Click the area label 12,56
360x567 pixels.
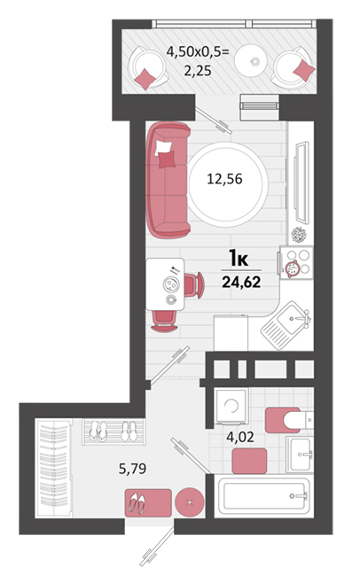pyautogui.click(x=224, y=179)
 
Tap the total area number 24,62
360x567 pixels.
pyautogui.click(x=241, y=282)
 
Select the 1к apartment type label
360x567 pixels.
pyautogui.click(x=239, y=259)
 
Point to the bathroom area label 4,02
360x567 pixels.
pyautogui.click(x=240, y=437)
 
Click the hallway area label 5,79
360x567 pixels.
pyautogui.click(x=132, y=469)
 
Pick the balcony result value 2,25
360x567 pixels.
pyautogui.click(x=198, y=70)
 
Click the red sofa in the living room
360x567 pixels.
pyautogui.click(x=168, y=180)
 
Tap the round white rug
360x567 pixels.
pyautogui.click(x=228, y=184)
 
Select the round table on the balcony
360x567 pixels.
pyautogui.click(x=250, y=60)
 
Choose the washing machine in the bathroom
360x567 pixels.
pyautogui.click(x=231, y=407)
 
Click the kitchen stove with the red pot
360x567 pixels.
pyautogui.click(x=296, y=262)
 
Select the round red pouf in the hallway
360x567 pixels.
pyautogui.click(x=190, y=502)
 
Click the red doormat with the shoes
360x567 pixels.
pyautogui.click(x=148, y=502)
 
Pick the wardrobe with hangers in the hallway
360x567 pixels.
pyautogui.click(x=54, y=469)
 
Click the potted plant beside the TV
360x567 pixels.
pyautogui.click(x=299, y=235)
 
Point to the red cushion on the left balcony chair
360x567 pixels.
pyautogui.click(x=145, y=79)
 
